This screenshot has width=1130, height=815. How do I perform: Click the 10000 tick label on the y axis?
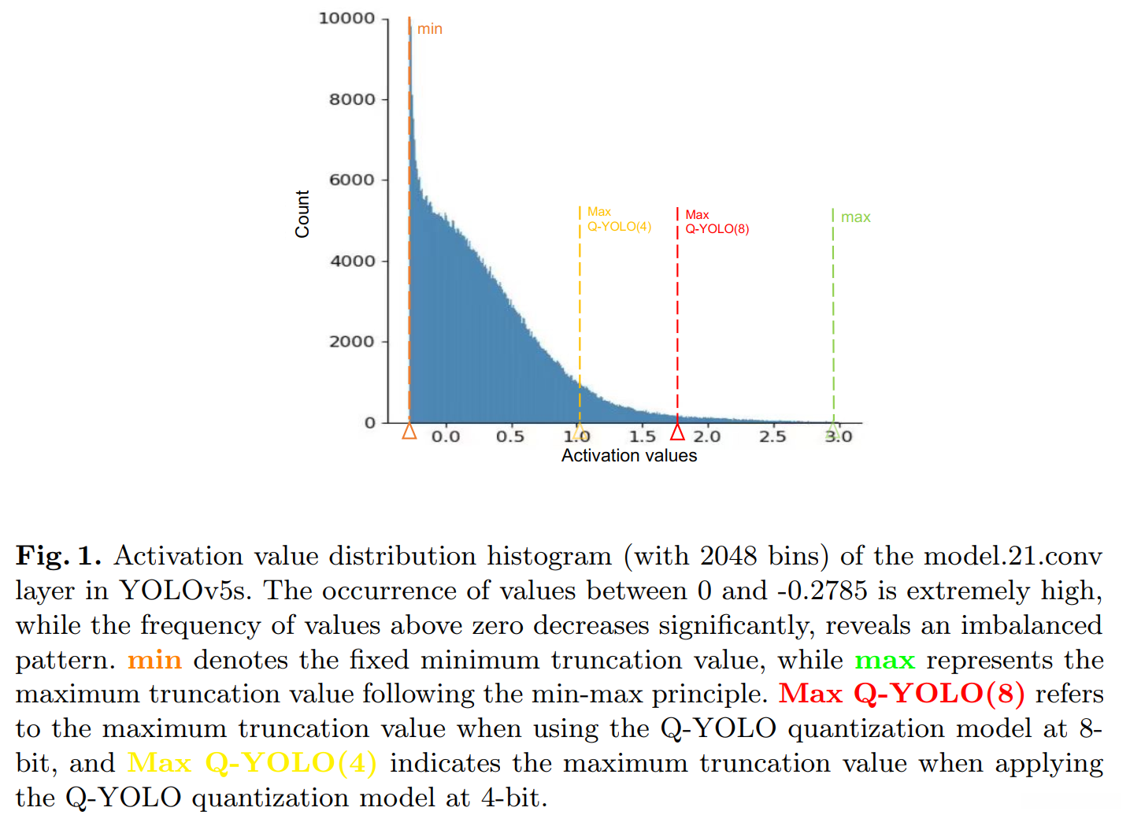[346, 18]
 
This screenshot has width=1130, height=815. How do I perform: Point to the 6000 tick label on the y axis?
[351, 180]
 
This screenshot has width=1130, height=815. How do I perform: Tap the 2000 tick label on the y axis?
[351, 342]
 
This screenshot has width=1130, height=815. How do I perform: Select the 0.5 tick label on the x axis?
[510, 436]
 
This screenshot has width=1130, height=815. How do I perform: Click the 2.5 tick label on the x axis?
[772, 436]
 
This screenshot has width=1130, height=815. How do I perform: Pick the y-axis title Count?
[302, 214]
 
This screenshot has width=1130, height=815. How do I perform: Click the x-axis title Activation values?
[629, 456]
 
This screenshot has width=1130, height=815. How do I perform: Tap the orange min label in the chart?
[430, 29]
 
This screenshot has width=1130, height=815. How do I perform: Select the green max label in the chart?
[856, 217]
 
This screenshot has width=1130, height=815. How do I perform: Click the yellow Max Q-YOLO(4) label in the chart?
[619, 220]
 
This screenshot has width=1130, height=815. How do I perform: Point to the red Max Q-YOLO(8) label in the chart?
[717, 222]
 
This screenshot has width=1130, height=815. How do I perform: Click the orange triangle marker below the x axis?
[409, 432]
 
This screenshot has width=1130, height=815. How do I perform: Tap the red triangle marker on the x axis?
[677, 432]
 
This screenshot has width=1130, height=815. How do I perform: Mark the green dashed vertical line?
[833, 315]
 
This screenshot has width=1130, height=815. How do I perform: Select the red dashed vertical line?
[677, 315]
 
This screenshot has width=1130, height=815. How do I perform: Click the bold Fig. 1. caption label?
[59, 556]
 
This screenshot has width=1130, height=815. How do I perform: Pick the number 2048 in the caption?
[728, 556]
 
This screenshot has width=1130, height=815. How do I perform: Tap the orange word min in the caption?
[154, 660]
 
